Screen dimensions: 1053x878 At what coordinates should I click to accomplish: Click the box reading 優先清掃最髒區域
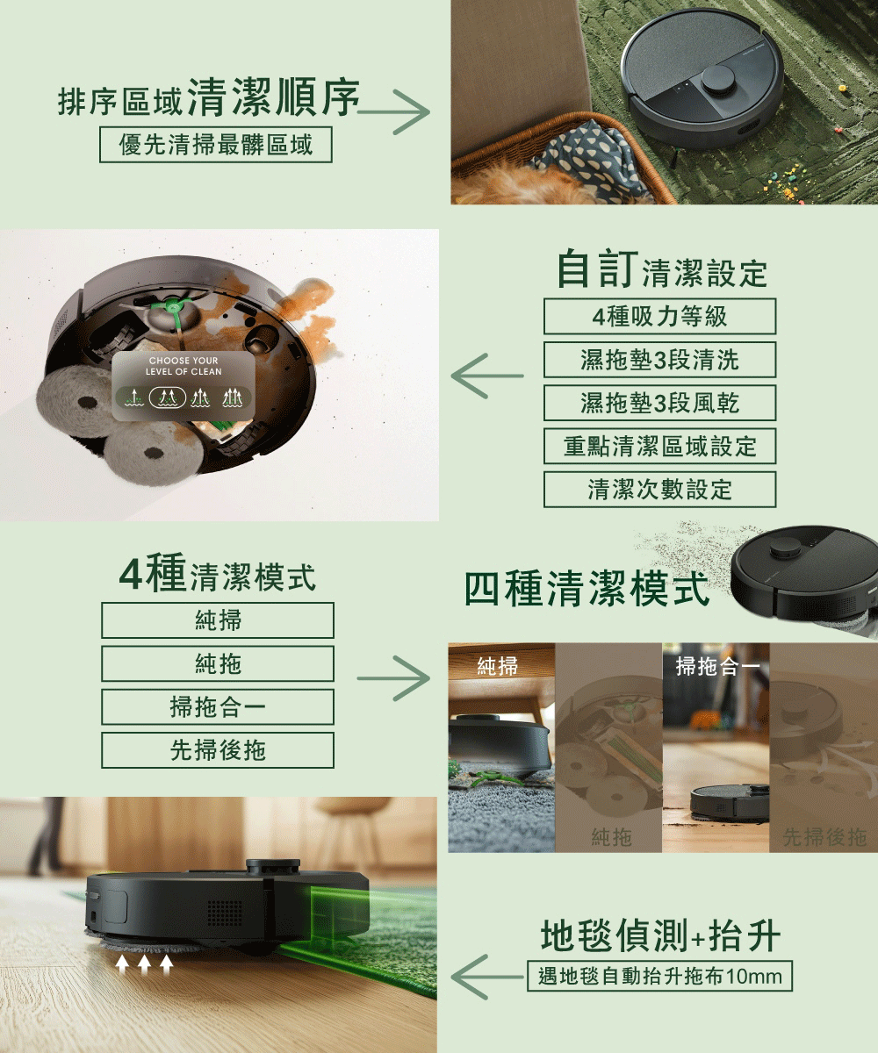(216, 145)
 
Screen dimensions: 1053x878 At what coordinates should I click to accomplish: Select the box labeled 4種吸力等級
(659, 316)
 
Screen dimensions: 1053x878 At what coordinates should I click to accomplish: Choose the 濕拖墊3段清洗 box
(659, 359)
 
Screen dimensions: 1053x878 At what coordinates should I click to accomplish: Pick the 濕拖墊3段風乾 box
(659, 403)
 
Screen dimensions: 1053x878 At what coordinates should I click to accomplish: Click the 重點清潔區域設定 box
(659, 446)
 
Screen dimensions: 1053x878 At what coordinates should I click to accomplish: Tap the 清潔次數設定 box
(659, 489)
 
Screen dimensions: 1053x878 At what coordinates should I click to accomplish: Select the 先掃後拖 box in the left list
(217, 750)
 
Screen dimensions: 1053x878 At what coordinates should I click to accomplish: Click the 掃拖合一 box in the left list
(217, 707)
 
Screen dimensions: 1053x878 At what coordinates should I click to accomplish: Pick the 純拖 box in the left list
(217, 664)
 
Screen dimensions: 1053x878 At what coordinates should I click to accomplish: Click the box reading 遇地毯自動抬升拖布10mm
(659, 976)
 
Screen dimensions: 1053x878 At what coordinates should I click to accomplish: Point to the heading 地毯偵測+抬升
(660, 937)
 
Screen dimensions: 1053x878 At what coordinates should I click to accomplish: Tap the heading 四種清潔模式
(587, 589)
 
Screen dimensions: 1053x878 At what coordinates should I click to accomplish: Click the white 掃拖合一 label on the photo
(718, 666)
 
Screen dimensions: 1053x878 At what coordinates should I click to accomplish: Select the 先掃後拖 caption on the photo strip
(824, 837)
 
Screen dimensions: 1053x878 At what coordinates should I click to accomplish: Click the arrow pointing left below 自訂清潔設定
(487, 376)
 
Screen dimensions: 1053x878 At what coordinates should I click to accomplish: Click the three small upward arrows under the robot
(143, 964)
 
